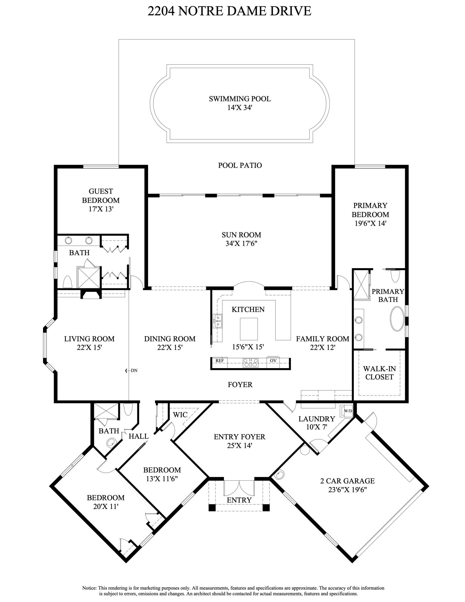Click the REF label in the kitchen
tap(220, 360)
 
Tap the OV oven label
tap(273, 360)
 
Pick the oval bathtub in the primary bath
tap(397, 319)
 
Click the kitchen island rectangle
tap(249, 328)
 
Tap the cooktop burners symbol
tap(250, 363)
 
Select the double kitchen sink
tap(218, 321)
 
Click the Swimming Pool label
tap(240, 99)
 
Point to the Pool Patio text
tap(240, 165)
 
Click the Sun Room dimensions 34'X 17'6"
tap(241, 244)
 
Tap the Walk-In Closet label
tap(379, 373)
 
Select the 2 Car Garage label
tap(347, 481)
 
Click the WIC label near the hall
tap(180, 414)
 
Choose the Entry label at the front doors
tap(239, 500)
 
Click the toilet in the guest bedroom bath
tap(67, 282)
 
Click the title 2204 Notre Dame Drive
tap(229, 11)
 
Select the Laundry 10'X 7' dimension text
tap(316, 427)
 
